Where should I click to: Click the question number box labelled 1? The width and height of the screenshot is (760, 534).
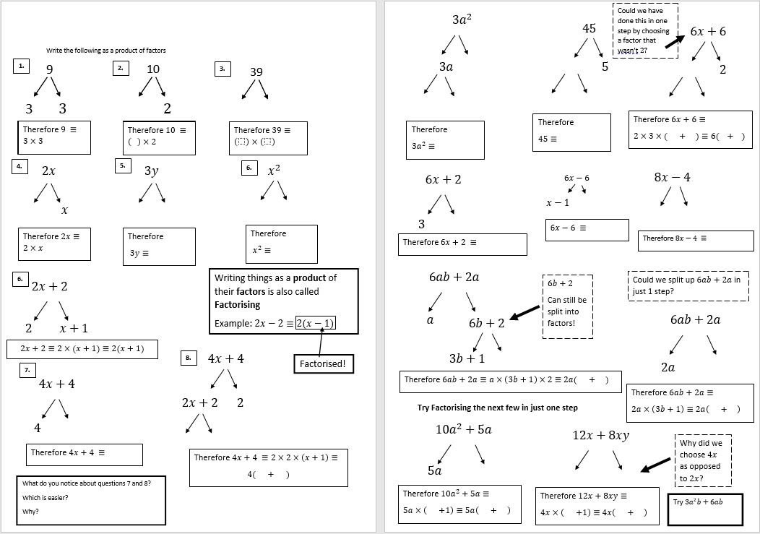point(21,66)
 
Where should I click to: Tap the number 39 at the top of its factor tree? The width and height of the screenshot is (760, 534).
point(256,72)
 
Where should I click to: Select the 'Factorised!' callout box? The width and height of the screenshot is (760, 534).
point(324,364)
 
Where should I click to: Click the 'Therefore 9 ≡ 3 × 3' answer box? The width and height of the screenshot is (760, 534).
point(55,137)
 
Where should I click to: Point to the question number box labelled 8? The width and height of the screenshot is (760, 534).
point(188,358)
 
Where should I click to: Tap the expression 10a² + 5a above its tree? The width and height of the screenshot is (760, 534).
point(463,429)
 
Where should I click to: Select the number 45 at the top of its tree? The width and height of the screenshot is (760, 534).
point(589,28)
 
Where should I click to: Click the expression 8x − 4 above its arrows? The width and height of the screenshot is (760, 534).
point(672,177)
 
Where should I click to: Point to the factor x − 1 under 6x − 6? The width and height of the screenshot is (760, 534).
point(558,203)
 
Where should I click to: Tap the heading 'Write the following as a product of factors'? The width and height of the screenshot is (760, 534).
point(105,51)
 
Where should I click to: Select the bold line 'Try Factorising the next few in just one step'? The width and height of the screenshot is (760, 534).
point(497,408)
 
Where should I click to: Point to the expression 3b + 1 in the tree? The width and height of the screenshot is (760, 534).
point(467,358)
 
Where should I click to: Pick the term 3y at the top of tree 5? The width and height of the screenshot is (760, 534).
point(151,171)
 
